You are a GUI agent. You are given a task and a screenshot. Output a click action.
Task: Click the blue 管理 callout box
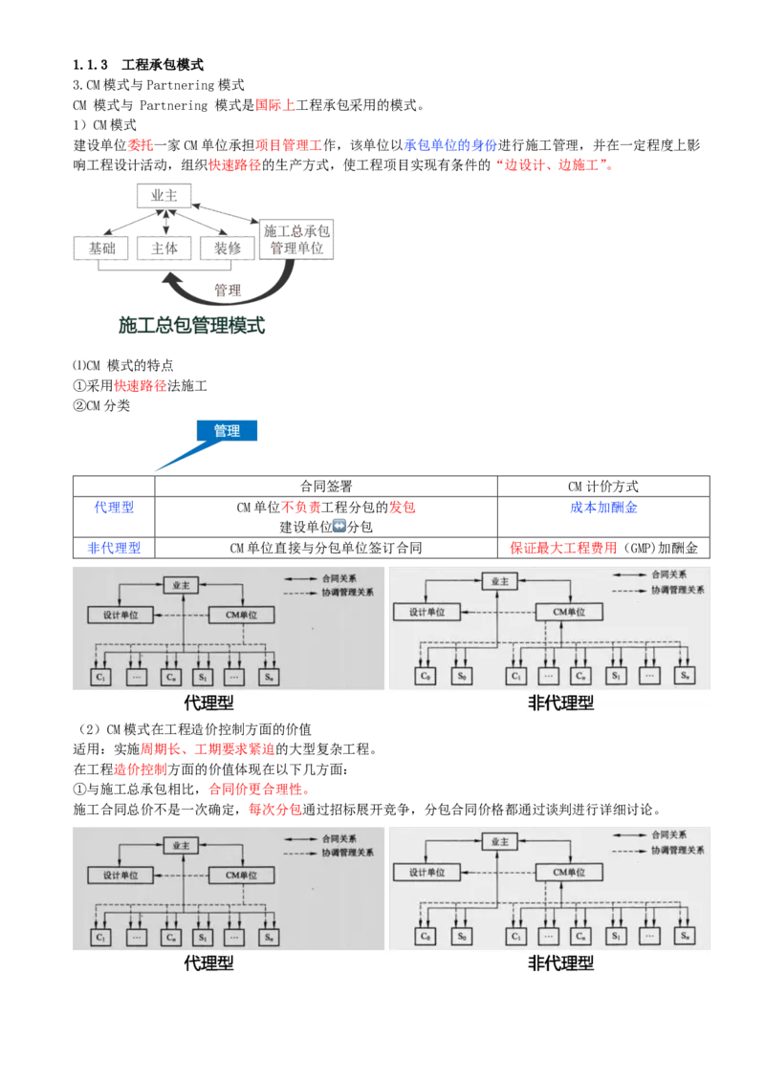tap(227, 431)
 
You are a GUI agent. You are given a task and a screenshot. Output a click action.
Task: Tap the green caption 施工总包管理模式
tap(190, 326)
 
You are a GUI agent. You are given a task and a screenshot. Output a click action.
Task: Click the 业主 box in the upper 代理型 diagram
tap(180, 583)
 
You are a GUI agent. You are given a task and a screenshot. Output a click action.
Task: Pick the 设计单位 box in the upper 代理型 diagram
tap(120, 615)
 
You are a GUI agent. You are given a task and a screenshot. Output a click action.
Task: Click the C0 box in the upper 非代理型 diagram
tap(426, 676)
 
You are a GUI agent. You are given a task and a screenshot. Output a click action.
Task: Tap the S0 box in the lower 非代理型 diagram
tap(462, 936)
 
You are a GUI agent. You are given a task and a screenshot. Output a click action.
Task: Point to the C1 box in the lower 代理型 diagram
tap(101, 937)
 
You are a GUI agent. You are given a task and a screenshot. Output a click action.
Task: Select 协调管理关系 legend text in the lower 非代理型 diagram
tap(676, 850)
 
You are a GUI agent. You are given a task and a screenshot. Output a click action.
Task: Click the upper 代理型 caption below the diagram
tap(208, 703)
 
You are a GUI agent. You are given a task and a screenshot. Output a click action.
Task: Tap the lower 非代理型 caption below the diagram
tap(561, 964)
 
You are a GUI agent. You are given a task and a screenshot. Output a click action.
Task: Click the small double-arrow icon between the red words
tap(341, 525)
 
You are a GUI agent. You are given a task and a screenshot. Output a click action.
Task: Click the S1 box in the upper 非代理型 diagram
tap(617, 676)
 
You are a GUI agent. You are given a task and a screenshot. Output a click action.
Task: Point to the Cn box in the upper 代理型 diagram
tap(170, 676)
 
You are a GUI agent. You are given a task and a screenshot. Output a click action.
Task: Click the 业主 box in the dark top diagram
tap(164, 195)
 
